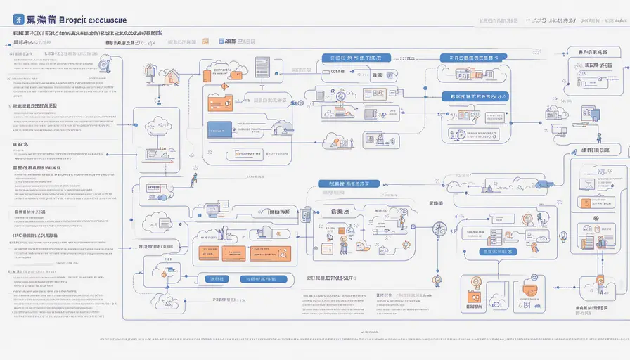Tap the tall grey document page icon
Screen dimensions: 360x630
coord(262,68)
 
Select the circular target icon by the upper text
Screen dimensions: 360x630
coord(104,65)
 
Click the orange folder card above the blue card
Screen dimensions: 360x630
coord(220,103)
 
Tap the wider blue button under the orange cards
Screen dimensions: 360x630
coord(258,279)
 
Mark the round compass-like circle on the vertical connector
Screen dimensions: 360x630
coord(440,229)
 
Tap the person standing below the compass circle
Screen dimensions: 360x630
coord(437,279)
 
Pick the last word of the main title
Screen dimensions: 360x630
coord(101,20)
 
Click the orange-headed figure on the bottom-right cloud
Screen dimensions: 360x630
coord(600,284)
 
